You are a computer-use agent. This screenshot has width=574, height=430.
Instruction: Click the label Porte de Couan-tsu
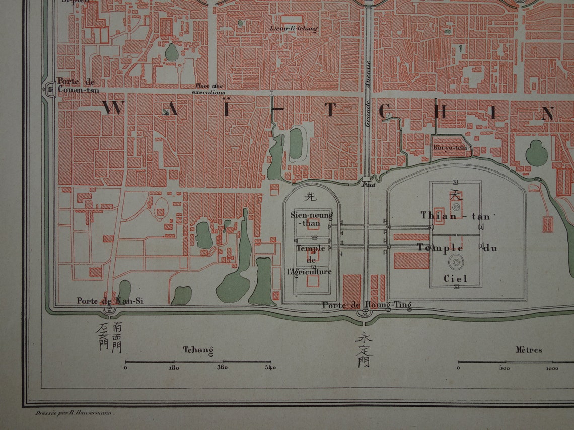click(78, 86)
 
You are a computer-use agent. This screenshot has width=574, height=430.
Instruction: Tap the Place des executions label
click(208, 89)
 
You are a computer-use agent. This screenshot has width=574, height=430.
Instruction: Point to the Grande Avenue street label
click(368, 93)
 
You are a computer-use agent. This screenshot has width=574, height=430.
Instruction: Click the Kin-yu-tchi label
click(450, 147)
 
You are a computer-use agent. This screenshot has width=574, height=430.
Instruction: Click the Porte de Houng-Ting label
click(367, 305)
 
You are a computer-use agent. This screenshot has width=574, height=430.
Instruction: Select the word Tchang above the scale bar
click(198, 350)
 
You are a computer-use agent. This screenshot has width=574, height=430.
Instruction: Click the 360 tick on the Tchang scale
click(222, 367)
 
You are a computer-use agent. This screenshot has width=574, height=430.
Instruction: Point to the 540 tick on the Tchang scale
click(270, 367)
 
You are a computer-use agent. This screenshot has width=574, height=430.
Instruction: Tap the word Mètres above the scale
click(528, 349)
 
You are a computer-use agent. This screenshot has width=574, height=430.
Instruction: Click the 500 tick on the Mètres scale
click(504, 367)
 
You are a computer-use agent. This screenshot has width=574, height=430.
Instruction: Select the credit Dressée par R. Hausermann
click(76, 413)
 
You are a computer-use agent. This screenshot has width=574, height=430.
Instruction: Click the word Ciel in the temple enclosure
click(455, 278)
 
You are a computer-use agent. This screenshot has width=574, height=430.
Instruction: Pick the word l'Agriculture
click(309, 272)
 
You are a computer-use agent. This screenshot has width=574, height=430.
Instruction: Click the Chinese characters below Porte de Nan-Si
click(109, 337)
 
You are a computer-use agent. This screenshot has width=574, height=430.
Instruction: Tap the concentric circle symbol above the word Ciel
click(456, 262)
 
